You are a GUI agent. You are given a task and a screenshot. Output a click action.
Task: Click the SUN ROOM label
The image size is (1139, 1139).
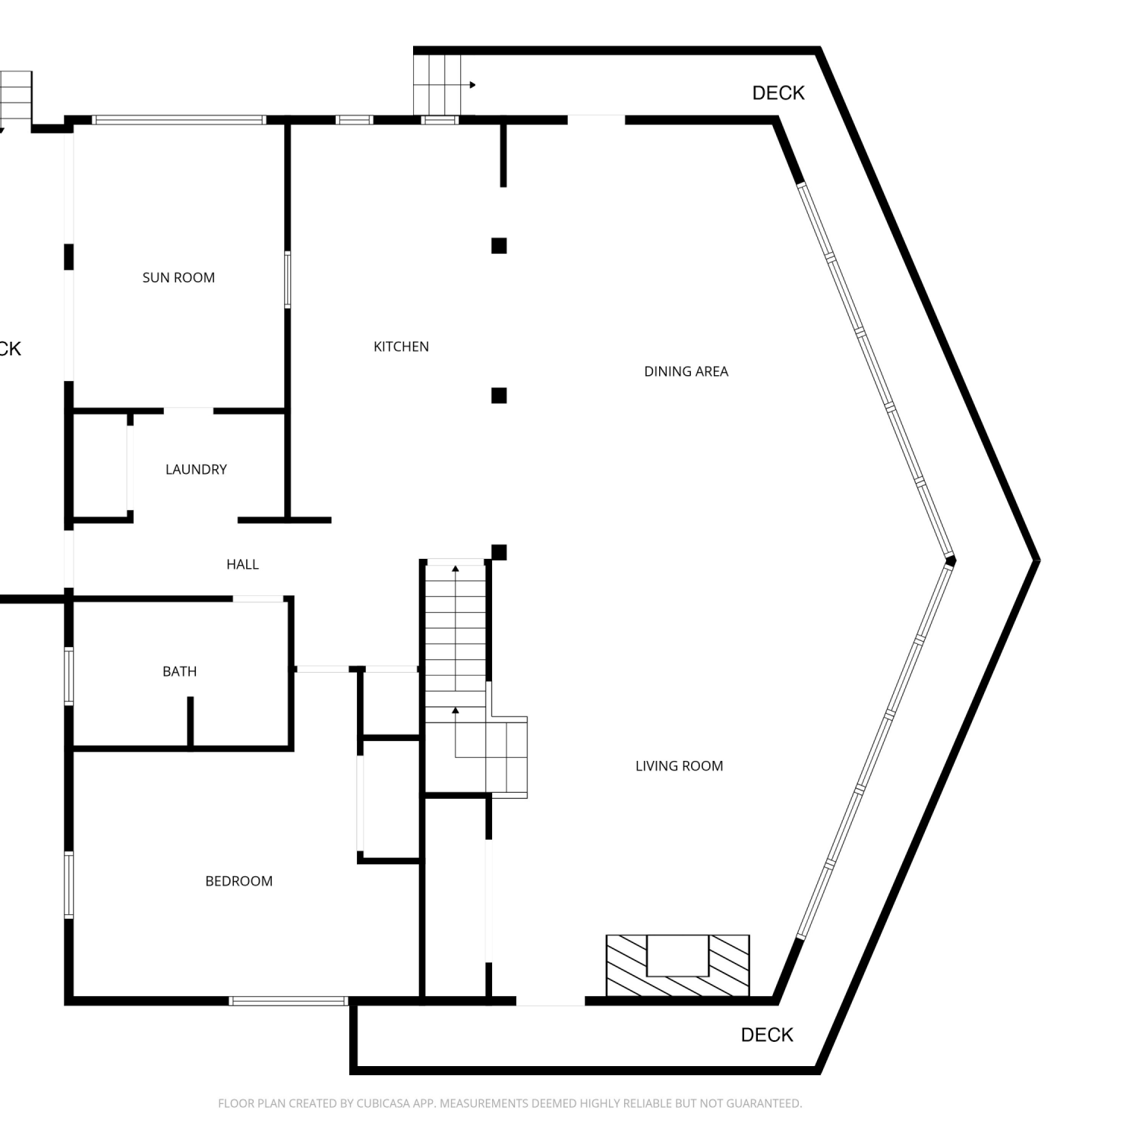coord(178,278)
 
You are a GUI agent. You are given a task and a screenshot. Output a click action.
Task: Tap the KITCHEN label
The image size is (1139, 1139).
coord(401,347)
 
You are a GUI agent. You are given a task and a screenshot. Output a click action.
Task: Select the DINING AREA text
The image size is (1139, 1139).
coord(686,371)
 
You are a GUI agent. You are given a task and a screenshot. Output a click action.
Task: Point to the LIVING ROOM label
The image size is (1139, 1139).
coord(679,766)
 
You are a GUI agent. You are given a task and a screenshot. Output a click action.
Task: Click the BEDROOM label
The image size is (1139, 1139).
coord(238,882)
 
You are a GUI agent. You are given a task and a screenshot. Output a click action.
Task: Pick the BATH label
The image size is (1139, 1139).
coord(179,671)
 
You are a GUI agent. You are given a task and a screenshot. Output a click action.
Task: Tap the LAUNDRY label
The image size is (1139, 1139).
coord(196,469)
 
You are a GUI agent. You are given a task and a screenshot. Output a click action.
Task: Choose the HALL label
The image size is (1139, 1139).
coord(242,564)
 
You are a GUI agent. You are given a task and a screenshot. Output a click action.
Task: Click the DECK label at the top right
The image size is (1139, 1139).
coord(778,93)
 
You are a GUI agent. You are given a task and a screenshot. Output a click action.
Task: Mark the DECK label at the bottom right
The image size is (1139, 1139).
coord(767,1034)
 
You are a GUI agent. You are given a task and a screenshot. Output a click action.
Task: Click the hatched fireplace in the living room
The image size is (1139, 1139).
coord(677,965)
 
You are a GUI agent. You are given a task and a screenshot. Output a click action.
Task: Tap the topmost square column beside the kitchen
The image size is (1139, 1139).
coord(499,245)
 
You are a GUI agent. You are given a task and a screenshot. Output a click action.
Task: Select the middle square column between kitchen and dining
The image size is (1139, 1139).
coord(499,396)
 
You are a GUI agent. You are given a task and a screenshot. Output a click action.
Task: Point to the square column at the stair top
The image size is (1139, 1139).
coord(499,552)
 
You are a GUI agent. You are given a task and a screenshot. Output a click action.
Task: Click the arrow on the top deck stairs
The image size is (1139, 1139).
coord(463,85)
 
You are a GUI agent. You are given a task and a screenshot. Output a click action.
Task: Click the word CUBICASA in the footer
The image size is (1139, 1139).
coord(383,1103)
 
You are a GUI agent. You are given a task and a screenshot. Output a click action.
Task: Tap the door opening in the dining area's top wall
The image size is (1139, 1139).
coord(596,119)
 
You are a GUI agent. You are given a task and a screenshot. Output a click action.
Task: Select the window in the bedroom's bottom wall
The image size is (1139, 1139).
coord(289,1001)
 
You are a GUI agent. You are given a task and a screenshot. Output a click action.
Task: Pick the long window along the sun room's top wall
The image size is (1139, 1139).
coord(179,119)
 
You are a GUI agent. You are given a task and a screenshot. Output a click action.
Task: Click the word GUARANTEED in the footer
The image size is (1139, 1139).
coord(763,1103)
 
